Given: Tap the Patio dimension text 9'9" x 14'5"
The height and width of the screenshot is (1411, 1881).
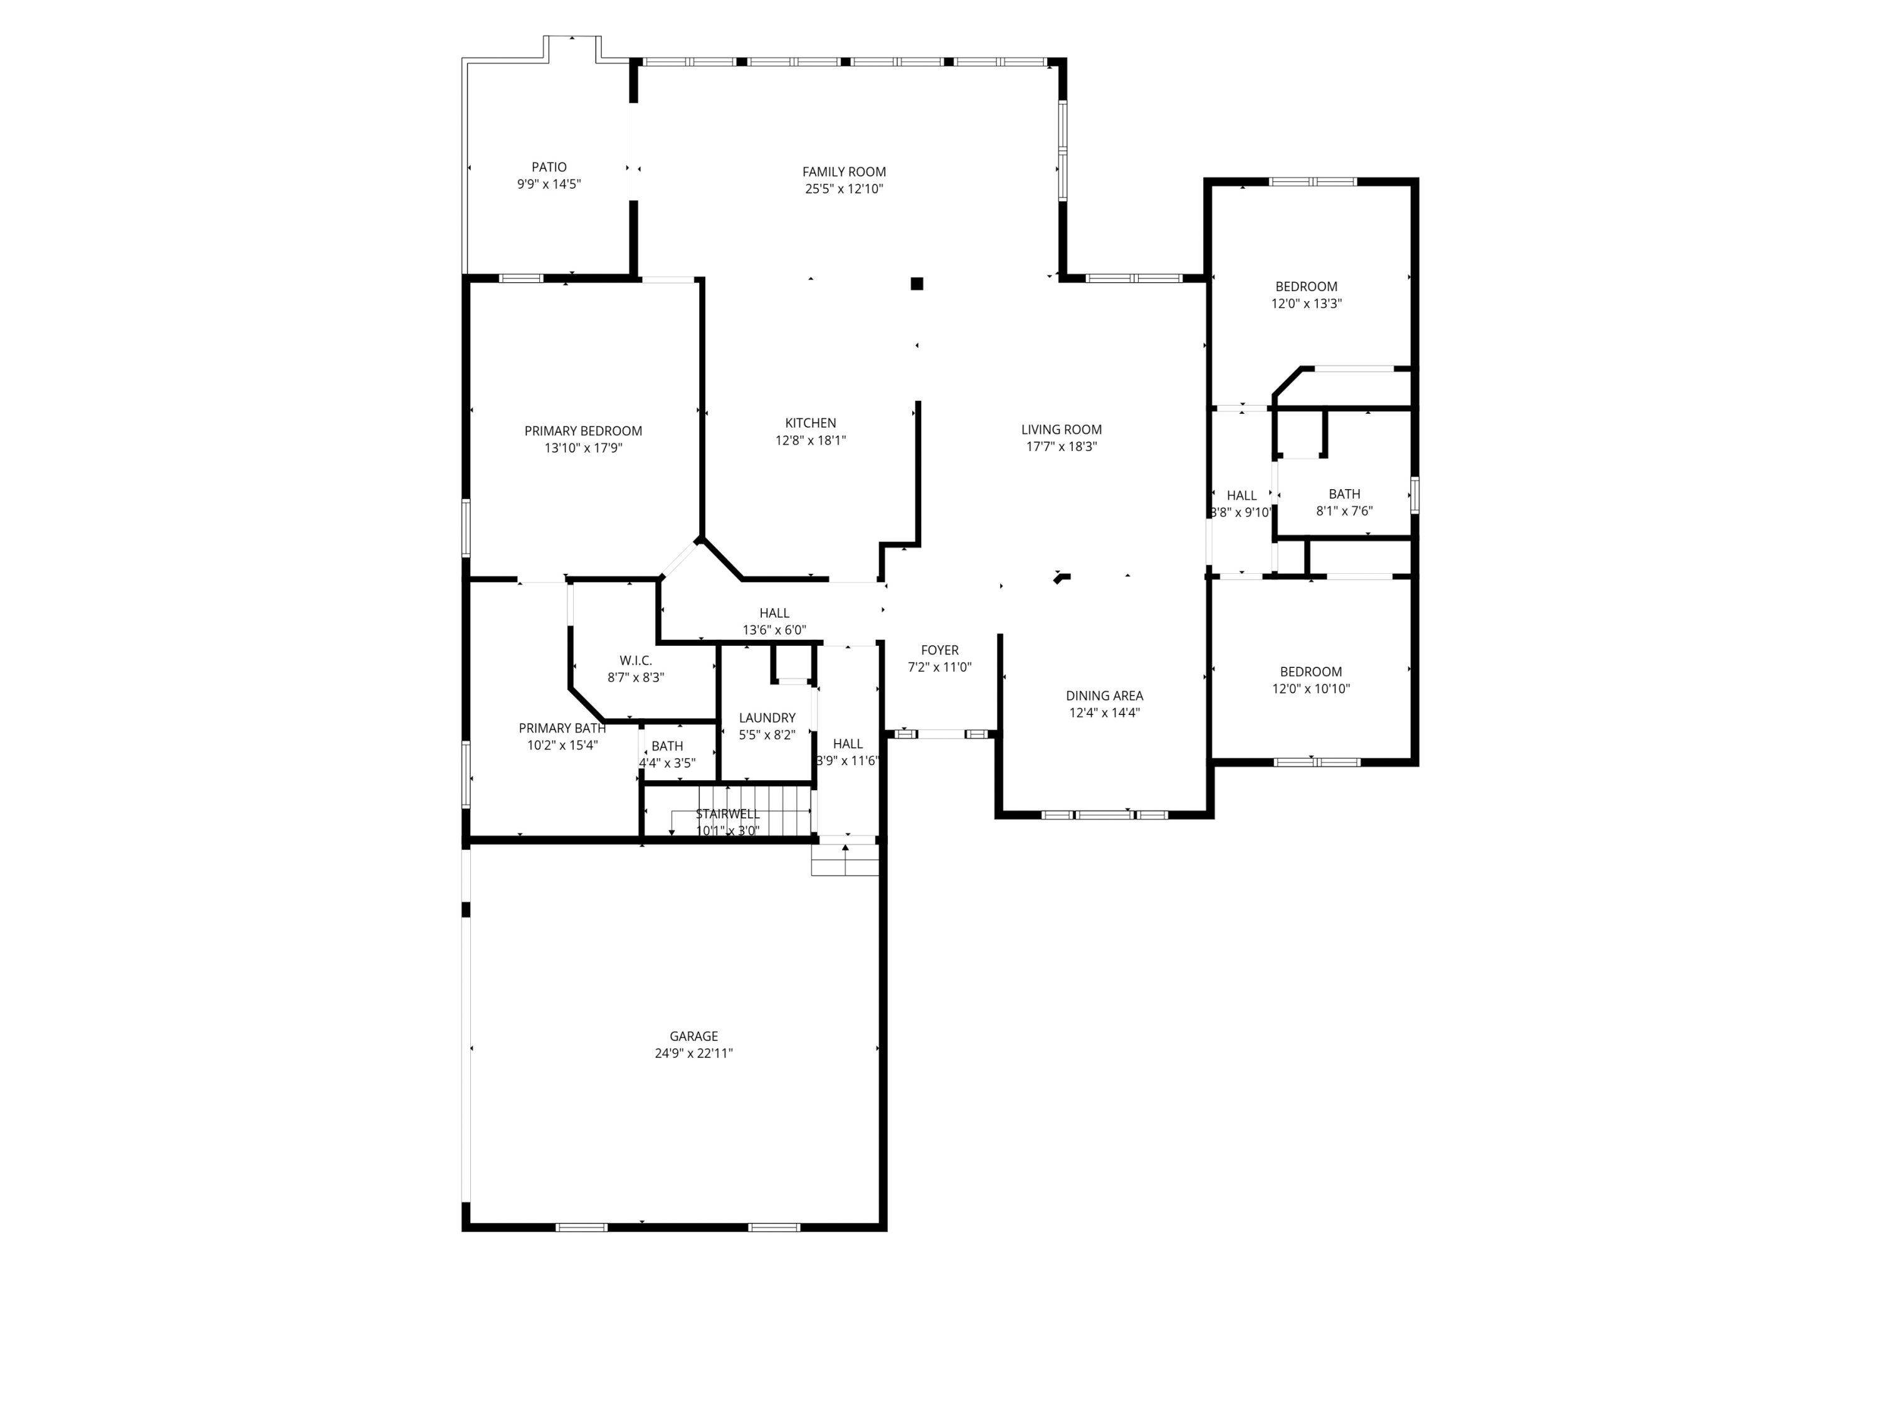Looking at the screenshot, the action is pos(549,184).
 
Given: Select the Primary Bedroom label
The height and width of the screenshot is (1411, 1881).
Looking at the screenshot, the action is pos(582,431).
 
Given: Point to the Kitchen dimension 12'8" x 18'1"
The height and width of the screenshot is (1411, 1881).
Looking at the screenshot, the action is pos(810,441).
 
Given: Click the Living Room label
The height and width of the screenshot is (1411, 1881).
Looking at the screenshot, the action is pos(1062,430).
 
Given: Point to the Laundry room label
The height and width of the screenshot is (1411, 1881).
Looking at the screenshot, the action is pos(767,718).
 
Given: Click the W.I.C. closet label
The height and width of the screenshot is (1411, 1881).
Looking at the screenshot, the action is pos(635,661).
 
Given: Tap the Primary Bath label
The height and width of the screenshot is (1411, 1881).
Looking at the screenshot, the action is pos(562,728).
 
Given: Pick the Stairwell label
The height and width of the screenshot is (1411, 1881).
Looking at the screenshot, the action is pos(727,814).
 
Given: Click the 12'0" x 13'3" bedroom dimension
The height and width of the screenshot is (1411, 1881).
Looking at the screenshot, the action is pos(1306,304).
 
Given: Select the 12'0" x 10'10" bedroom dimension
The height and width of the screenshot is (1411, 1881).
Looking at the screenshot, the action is pos(1310,689).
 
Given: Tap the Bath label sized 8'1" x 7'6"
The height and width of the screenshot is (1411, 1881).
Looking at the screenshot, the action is pos(1344,494).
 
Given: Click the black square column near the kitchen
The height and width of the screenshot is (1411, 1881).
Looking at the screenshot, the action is pos(917,284).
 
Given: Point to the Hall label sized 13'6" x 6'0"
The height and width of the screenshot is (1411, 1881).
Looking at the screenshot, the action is pos(774,613).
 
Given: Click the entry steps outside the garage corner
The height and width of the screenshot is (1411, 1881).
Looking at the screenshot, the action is pos(845,860).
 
